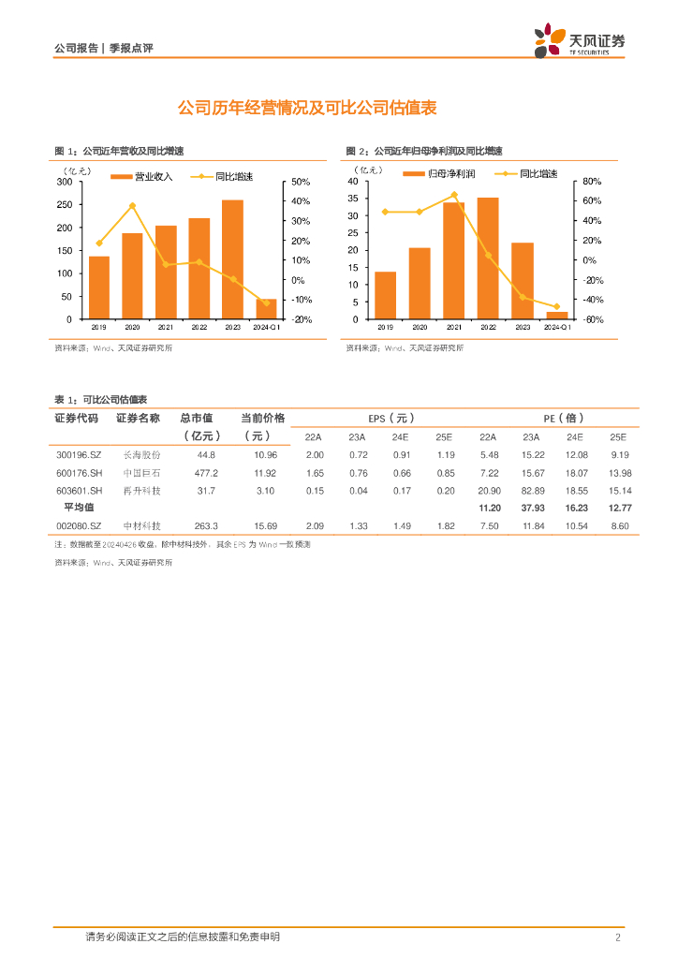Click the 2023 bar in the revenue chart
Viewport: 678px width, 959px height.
pos(232,259)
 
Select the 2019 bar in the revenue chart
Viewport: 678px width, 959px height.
pos(99,288)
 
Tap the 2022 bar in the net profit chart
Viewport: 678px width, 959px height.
pos(488,258)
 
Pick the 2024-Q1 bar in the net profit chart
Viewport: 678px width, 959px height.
pos(557,316)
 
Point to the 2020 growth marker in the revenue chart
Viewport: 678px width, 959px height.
pos(132,205)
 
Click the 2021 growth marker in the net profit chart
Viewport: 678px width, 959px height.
pos(454,195)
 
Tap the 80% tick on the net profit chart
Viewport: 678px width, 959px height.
pos(592,182)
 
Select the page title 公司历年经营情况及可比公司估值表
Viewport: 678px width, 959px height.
pos(308,109)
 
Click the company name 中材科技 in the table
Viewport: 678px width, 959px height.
pos(142,526)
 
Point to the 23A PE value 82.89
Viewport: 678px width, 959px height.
pos(531,491)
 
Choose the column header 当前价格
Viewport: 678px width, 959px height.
pos(262,418)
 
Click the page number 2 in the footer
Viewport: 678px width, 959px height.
pos(618,937)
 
